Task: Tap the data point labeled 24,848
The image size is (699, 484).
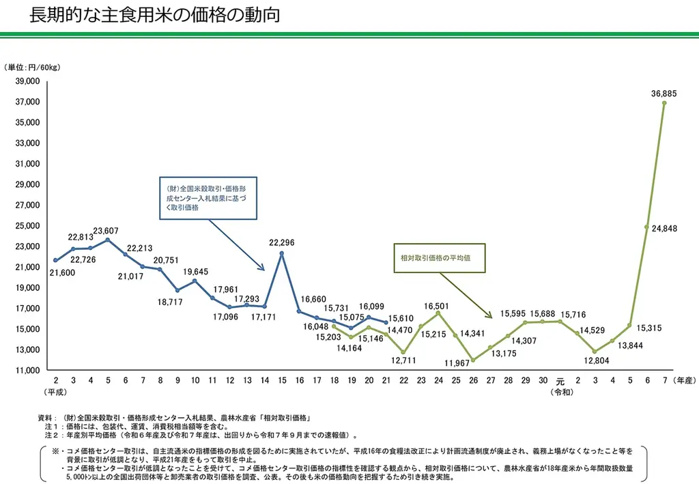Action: point(646,227)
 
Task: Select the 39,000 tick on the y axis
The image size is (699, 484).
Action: point(28,81)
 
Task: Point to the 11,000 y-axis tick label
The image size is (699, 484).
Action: point(28,370)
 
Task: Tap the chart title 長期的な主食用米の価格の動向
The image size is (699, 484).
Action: point(154,16)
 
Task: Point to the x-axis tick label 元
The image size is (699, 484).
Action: point(560,381)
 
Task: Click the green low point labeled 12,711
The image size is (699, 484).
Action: point(403,352)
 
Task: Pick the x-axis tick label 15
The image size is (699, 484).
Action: point(282,380)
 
